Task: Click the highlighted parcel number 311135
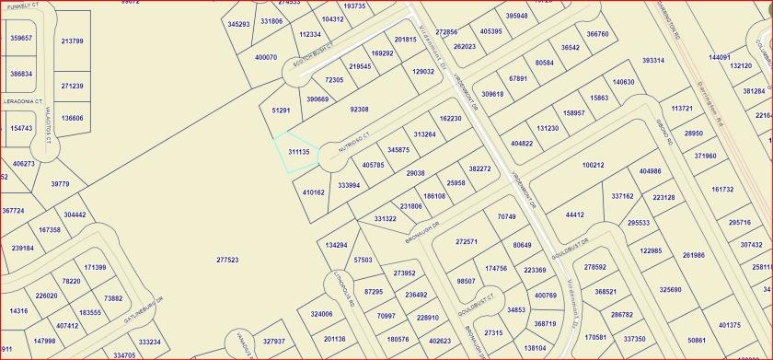tap(297, 151)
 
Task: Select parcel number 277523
tap(227, 261)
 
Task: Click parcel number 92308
tap(359, 110)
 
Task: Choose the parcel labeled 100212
tap(593, 166)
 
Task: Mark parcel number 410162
tap(313, 192)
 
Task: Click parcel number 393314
tap(653, 61)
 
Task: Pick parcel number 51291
tap(281, 110)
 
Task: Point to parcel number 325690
tap(670, 290)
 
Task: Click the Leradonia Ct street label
tap(24, 100)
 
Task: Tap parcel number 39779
tap(60, 184)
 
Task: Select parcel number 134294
tap(337, 245)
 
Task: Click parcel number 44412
tap(574, 215)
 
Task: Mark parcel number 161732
tap(722, 190)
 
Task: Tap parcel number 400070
tap(265, 57)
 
